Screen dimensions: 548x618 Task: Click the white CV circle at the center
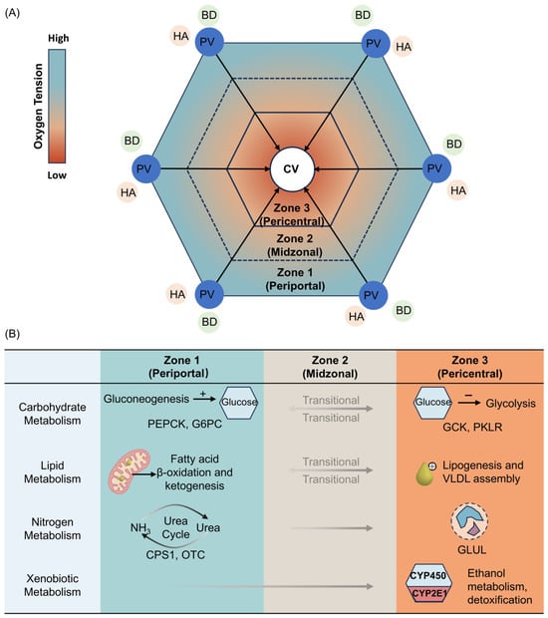coord(292,169)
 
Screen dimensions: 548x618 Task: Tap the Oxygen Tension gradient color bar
coord(57,106)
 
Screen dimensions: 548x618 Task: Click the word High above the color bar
coord(59,38)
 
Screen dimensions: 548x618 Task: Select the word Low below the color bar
coord(57,175)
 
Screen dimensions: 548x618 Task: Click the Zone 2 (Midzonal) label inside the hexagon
coord(295,245)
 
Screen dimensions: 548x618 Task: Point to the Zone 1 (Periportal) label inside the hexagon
coord(295,279)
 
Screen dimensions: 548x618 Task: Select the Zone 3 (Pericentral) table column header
coord(470,367)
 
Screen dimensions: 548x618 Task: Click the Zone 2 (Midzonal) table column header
coord(330,367)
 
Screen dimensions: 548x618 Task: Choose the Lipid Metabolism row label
coord(53,472)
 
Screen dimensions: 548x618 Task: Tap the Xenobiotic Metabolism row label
coord(53,585)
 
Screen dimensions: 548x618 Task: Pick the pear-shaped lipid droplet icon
coord(425,473)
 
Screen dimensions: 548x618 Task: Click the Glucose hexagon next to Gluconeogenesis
coord(239,402)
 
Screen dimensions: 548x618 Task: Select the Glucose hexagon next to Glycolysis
coord(432,402)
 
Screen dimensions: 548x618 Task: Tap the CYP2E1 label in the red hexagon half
coord(429,593)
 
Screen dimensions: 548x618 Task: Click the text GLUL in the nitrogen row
coord(471,549)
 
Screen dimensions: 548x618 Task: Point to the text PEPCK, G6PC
coord(184,424)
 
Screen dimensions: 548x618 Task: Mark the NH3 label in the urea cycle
coord(140,527)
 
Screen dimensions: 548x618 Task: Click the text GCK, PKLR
coord(472,427)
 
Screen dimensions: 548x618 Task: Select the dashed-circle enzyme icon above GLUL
coord(469,521)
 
